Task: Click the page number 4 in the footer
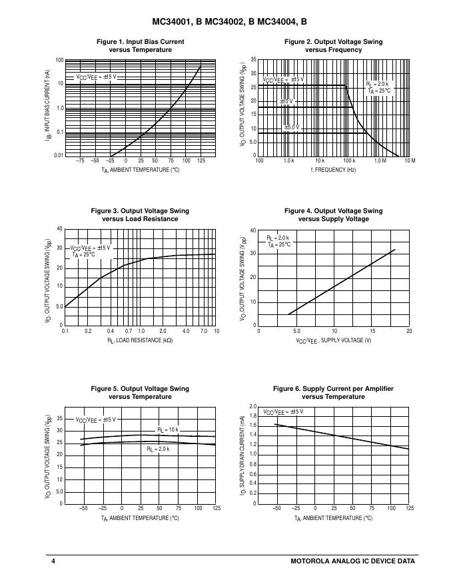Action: coord(53,561)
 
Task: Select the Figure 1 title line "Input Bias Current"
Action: coord(140,41)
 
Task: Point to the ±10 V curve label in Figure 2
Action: coord(286,102)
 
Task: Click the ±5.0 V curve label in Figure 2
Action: coord(291,127)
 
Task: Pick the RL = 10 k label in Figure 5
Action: coord(168,430)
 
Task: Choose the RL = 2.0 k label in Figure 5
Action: coord(158,449)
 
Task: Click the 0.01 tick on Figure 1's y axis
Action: coord(59,156)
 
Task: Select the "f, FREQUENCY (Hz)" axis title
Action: coord(333,170)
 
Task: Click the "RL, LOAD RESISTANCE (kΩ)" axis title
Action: coord(140,340)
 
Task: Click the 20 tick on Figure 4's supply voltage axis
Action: coord(409,331)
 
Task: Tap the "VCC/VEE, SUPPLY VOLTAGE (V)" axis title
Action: coord(333,340)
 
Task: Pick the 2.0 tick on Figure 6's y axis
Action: coord(252,406)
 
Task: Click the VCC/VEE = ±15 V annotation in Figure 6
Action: coord(282,412)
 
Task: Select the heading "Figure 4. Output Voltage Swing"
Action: coord(333,211)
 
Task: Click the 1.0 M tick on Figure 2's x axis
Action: coord(379,161)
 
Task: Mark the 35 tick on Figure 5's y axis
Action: coord(59,419)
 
